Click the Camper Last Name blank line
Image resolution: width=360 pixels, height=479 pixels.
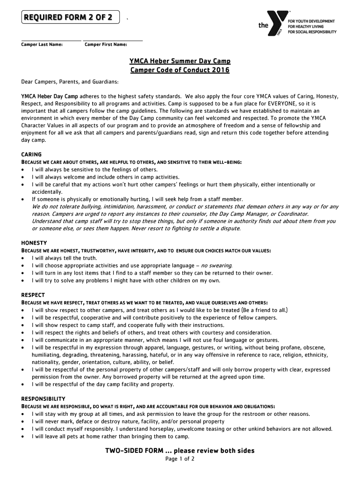tap(51, 40)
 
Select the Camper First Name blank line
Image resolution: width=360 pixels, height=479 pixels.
tap(113, 40)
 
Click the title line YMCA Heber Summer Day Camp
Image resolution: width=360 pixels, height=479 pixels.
tap(180, 62)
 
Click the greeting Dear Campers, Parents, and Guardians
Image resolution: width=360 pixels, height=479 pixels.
tap(70, 82)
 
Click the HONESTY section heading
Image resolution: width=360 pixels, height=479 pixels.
tap(34, 243)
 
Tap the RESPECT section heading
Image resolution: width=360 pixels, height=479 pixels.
tap(33, 295)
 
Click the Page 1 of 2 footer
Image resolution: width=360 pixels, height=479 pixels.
tap(180, 459)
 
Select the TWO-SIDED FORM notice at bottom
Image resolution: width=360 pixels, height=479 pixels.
tap(180, 451)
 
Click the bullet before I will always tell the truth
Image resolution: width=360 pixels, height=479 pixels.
tap(23, 258)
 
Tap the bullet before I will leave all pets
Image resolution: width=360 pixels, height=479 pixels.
tap(23, 436)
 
